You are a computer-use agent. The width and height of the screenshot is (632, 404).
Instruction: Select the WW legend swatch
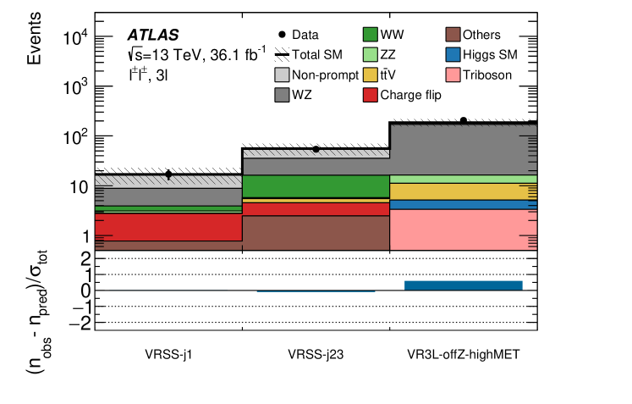click(369, 35)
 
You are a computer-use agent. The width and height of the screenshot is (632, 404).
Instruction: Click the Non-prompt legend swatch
click(283, 75)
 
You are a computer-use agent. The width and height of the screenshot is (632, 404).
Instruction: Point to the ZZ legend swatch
click(369, 55)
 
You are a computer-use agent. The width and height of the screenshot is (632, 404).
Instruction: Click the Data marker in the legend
click(283, 35)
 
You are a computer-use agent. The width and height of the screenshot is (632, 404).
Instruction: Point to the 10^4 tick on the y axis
click(77, 37)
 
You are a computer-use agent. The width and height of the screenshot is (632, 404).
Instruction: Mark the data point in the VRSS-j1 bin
click(168, 174)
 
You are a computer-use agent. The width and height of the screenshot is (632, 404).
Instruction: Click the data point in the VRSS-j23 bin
click(316, 149)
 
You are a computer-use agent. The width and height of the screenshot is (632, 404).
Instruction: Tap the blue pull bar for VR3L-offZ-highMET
click(463, 285)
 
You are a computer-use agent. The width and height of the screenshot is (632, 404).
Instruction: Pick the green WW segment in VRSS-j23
click(316, 186)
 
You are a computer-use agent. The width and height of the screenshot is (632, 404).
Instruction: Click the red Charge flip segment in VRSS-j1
click(168, 226)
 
